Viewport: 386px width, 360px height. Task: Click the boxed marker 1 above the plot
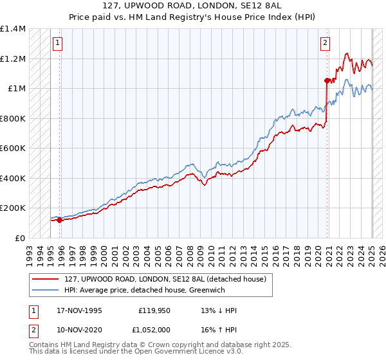(57, 43)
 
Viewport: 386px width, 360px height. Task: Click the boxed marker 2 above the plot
(325, 43)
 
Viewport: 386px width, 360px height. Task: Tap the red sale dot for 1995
(60, 221)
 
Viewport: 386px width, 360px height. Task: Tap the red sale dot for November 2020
(327, 80)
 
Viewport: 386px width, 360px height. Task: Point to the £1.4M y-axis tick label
(13, 29)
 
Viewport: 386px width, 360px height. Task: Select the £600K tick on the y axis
(13, 148)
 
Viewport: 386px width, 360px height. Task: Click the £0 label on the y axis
(21, 238)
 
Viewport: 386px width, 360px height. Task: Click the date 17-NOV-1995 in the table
(78, 311)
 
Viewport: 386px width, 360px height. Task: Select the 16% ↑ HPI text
(219, 328)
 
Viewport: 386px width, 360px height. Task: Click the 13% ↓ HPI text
(219, 311)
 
